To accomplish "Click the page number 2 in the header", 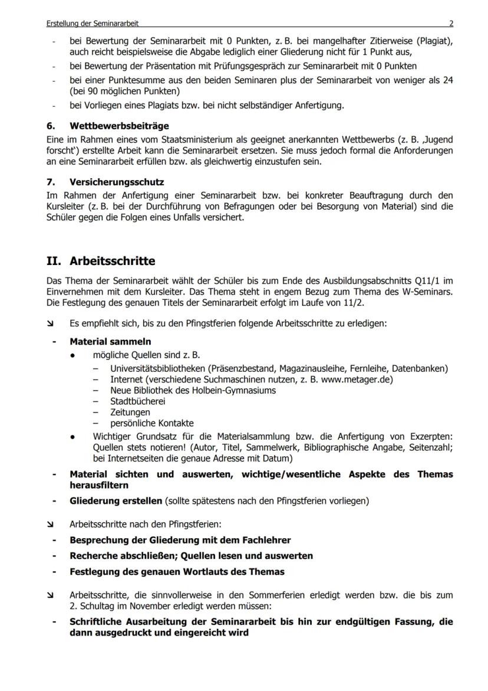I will coord(451,24).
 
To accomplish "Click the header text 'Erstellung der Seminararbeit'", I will coord(93,24).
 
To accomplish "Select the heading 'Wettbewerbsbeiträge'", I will coord(119,126).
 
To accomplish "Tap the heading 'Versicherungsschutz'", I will coord(117,181).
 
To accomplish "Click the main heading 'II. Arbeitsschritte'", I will coord(101,260).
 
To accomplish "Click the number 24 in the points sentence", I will coord(447,80).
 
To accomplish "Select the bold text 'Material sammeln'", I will coord(110,342).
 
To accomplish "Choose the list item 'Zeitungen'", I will coord(130,412).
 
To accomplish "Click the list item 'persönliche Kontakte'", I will coord(151,423).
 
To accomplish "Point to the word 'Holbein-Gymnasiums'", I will coord(235,390).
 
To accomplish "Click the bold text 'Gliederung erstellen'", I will coord(116,502).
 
